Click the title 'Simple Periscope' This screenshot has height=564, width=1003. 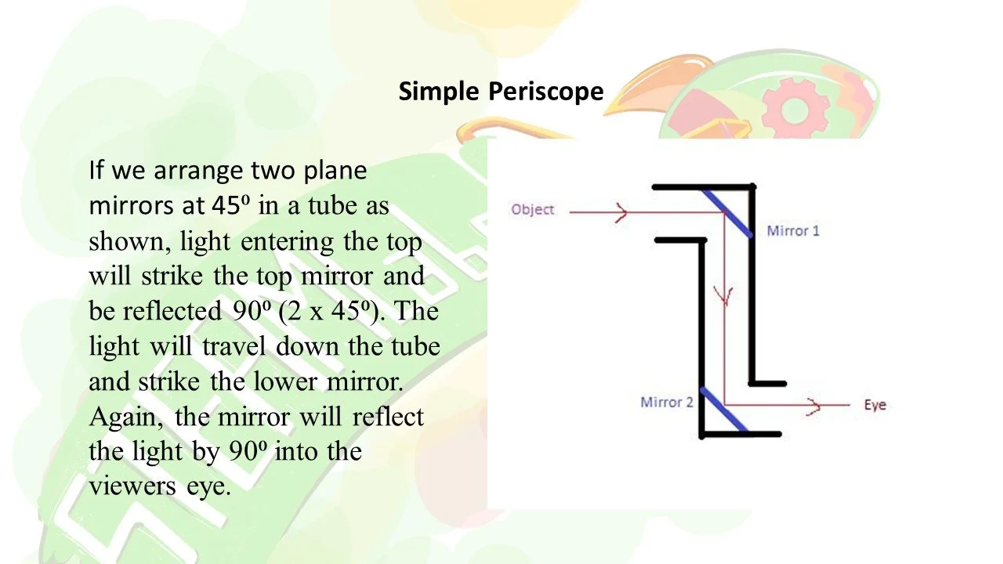pyautogui.click(x=501, y=92)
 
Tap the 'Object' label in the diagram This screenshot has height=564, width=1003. pyautogui.click(x=532, y=209)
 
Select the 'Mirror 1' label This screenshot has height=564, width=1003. pyautogui.click(x=792, y=231)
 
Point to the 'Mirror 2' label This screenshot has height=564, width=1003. pyautogui.click(x=666, y=403)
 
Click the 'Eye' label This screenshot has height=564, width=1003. pyautogui.click(x=874, y=405)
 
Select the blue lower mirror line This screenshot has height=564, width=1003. pyautogui.click(x=723, y=410)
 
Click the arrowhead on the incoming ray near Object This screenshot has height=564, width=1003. pyautogui.click(x=621, y=212)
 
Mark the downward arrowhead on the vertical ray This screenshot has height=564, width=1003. pyautogui.click(x=725, y=296)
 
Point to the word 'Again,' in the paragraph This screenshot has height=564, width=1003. pyautogui.click(x=127, y=416)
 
